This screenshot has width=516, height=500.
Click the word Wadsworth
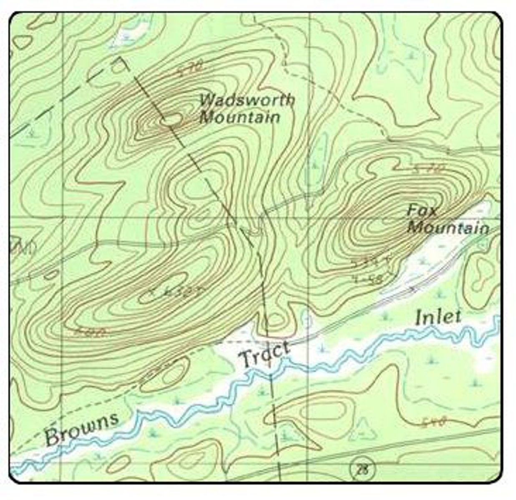pos(247,100)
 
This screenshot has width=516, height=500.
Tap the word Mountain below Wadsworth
pos(239,117)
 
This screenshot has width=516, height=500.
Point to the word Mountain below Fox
pos(448,228)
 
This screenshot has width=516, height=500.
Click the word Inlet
pos(438,317)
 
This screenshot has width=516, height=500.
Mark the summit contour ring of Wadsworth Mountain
pos(171,120)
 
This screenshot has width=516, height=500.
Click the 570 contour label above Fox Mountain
pos(428,169)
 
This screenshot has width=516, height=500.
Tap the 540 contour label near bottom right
pos(434,422)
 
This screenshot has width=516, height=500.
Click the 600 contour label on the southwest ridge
pos(91,332)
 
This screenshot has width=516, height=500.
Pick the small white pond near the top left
pos(133,33)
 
